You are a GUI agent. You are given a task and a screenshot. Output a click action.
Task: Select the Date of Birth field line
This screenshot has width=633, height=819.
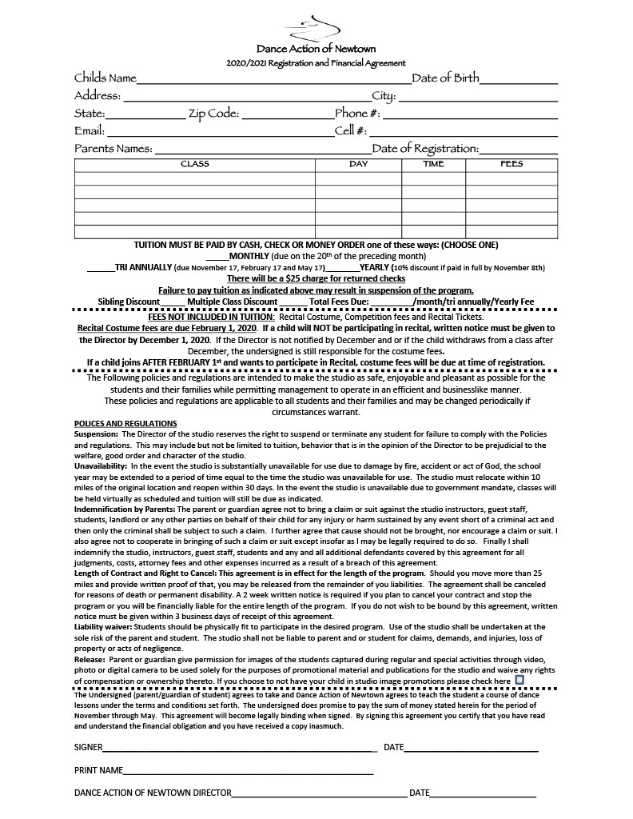pyautogui.click(x=519, y=82)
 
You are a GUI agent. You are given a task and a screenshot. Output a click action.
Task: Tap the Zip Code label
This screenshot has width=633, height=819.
pyautogui.click(x=213, y=114)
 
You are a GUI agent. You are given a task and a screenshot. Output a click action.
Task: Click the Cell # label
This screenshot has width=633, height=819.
pyautogui.click(x=350, y=130)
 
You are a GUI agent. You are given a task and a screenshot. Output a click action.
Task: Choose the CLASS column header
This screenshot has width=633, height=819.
pyautogui.click(x=195, y=164)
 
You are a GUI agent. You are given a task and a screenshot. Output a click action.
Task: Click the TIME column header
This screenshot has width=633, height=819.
pyautogui.click(x=433, y=164)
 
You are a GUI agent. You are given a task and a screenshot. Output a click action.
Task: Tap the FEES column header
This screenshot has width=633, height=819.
pyautogui.click(x=512, y=164)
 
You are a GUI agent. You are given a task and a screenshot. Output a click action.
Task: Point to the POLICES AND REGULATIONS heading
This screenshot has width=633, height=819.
pyautogui.click(x=125, y=423)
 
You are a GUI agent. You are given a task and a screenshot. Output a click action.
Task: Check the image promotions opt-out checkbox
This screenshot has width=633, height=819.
pyautogui.click(x=520, y=680)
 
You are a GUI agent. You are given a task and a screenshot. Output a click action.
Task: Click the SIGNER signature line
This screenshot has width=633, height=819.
pyautogui.click(x=240, y=750)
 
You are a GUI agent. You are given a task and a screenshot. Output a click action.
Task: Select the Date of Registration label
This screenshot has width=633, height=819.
pyautogui.click(x=425, y=149)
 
